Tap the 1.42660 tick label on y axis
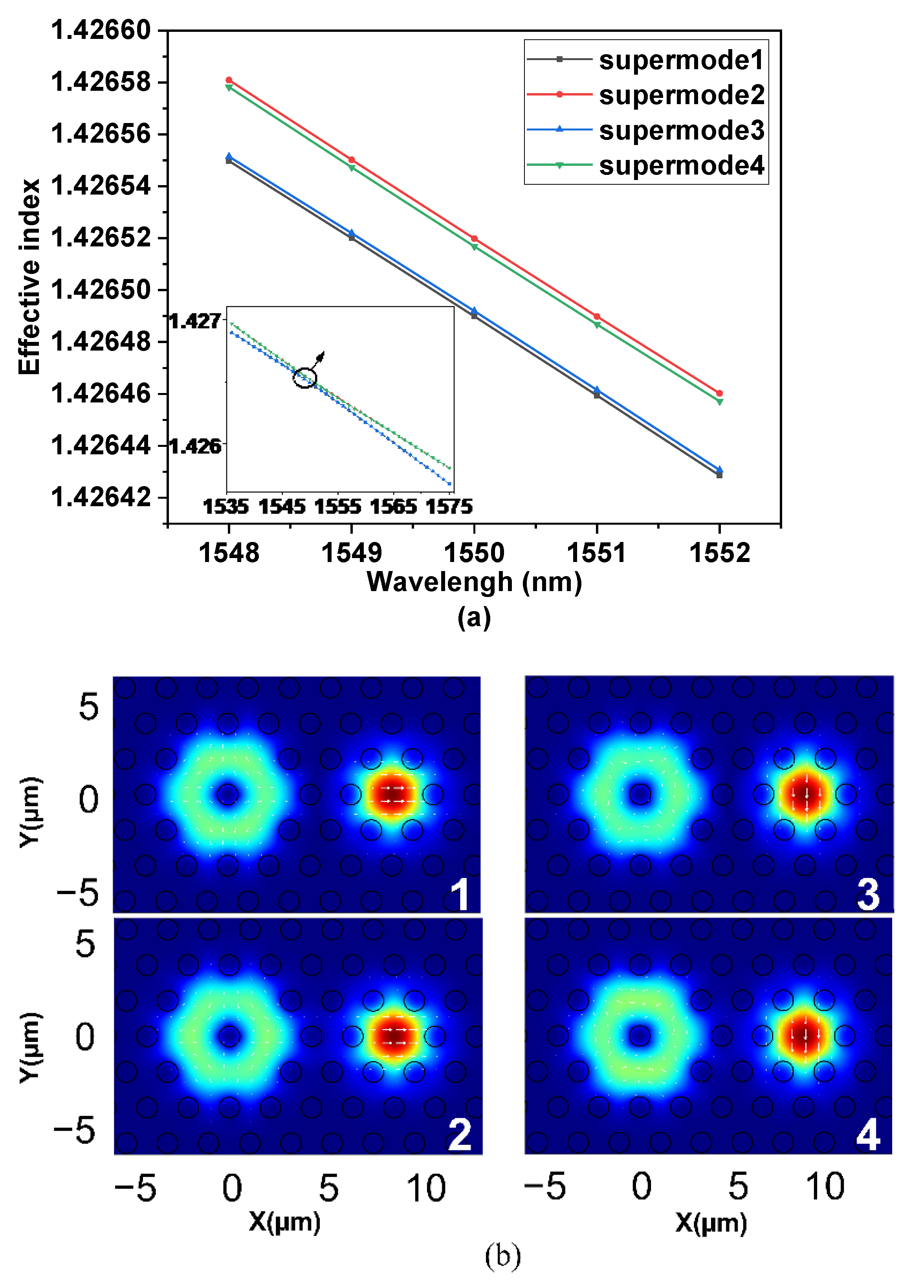click(101, 30)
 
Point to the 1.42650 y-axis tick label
click(101, 290)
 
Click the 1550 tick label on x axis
click(474, 553)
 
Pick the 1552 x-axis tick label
click(719, 553)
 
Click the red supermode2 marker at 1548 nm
click(229, 80)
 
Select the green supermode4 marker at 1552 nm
click(720, 402)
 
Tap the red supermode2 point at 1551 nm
click(597, 316)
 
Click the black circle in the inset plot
click(304, 378)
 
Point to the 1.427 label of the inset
click(195, 321)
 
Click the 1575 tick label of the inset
click(449, 507)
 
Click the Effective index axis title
click(29, 277)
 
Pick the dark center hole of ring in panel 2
click(229, 1036)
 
